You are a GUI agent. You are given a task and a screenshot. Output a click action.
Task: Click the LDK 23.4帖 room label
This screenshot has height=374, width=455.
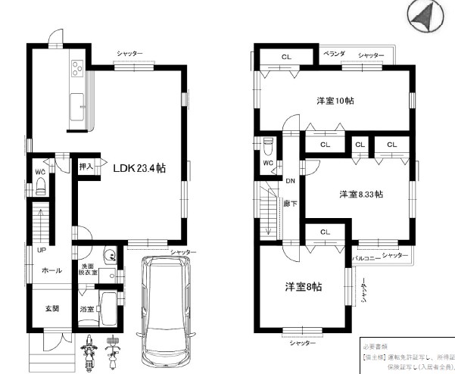coord(139,169)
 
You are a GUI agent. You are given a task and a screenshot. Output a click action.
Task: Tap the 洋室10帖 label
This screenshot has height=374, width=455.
coord(335,101)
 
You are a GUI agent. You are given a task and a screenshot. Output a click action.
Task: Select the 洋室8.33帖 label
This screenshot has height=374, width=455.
coord(360,195)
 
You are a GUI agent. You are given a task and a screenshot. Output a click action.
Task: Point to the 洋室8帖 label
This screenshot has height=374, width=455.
coord(304,287)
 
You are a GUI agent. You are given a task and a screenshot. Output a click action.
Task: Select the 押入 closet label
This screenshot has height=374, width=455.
coord(86,166)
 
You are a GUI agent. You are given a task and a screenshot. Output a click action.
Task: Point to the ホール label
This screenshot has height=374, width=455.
coord(51,270)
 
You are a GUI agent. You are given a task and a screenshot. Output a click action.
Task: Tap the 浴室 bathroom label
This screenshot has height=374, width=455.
coord(88,310)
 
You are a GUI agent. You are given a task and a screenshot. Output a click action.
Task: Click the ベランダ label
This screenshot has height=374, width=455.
coord(335,55)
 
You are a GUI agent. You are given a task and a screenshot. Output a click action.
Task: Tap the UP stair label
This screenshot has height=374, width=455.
coord(41,249)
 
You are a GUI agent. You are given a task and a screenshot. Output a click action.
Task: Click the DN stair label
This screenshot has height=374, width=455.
coord(290,180)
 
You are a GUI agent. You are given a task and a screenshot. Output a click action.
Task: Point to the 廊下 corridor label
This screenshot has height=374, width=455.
coord(289,204)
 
